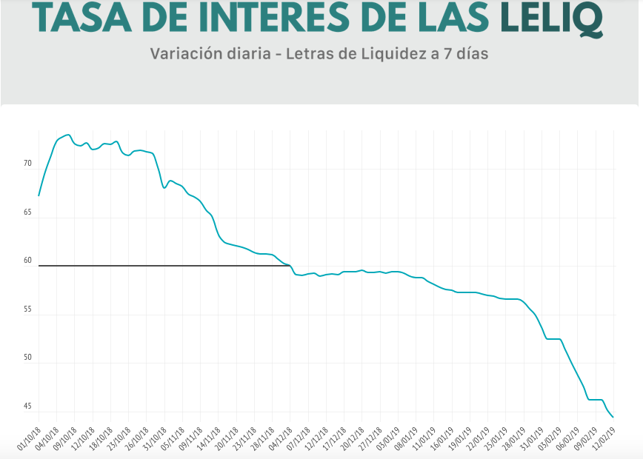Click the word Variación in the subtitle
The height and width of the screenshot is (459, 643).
pyautogui.click(x=181, y=55)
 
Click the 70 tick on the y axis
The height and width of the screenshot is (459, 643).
pyautogui.click(x=27, y=164)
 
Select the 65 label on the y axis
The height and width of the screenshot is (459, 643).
pyautogui.click(x=27, y=212)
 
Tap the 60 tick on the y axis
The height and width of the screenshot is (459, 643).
pyautogui.click(x=27, y=261)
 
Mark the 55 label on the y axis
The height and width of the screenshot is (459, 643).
pyautogui.click(x=27, y=309)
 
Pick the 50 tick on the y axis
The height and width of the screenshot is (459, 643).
pyautogui.click(x=27, y=358)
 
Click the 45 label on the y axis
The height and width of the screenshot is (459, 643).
pyautogui.click(x=27, y=406)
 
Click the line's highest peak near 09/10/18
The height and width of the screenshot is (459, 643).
pyautogui.click(x=68, y=135)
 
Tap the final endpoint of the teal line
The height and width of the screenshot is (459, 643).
pyautogui.click(x=613, y=417)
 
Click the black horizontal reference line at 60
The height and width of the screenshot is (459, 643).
pyautogui.click(x=163, y=265)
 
